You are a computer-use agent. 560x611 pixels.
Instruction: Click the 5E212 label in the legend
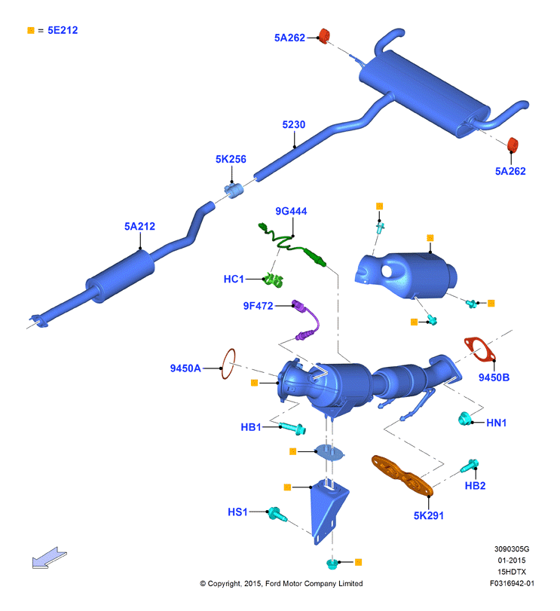(63, 30)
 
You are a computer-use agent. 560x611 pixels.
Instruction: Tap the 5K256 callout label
(231, 160)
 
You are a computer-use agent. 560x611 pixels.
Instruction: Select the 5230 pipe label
(294, 125)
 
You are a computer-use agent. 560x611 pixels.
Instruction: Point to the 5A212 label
(139, 227)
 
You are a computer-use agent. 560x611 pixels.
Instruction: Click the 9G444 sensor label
(291, 211)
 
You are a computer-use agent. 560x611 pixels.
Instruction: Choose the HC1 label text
(234, 279)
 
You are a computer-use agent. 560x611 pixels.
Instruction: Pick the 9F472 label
(258, 306)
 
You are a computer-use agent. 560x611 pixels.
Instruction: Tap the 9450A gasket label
(185, 368)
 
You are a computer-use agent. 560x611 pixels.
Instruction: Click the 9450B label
(494, 377)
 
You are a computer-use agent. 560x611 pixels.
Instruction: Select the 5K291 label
(429, 516)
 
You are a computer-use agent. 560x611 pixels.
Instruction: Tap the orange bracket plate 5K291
(402, 475)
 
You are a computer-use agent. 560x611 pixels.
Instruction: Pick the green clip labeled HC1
(273, 280)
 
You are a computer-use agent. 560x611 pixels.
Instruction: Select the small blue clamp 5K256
(234, 190)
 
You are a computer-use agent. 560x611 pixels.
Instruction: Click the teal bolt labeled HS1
(277, 515)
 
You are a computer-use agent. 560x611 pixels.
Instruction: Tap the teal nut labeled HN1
(464, 418)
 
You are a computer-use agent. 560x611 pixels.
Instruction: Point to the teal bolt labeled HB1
(292, 428)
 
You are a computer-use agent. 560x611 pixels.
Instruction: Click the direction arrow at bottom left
(50, 558)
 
